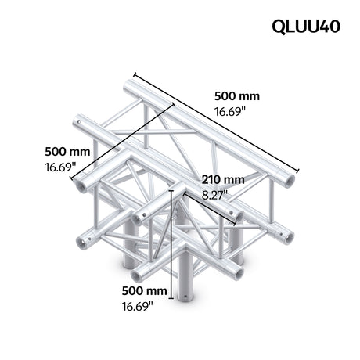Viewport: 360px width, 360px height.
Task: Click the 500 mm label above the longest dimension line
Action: pos(236,96)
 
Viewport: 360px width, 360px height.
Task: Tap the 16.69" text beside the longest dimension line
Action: pos(230,112)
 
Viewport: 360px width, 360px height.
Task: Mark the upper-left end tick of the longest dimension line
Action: pos(134,75)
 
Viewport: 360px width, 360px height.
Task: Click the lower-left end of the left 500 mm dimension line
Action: pos(72,178)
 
